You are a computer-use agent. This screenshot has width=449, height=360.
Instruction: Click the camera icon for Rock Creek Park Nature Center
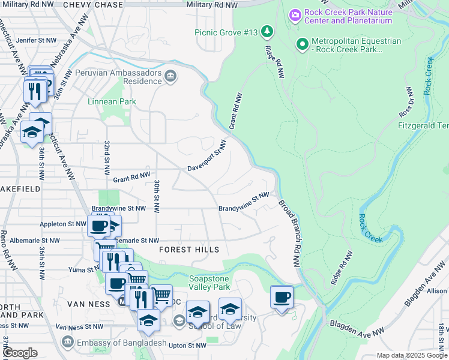[x=295, y=14]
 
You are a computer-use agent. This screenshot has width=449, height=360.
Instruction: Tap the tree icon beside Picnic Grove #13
[x=267, y=31]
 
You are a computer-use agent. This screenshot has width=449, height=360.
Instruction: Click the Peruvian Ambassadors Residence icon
[x=171, y=75]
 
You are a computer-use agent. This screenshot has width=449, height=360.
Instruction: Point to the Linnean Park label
[x=112, y=101]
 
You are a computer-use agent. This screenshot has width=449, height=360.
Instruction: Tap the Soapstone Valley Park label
[x=214, y=283]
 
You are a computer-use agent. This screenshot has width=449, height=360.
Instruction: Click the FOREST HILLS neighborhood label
[x=189, y=249]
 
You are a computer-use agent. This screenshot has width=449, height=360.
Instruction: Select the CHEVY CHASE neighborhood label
[x=93, y=4]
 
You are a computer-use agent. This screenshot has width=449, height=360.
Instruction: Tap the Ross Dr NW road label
[x=406, y=102]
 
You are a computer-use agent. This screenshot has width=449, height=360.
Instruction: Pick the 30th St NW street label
[x=156, y=196]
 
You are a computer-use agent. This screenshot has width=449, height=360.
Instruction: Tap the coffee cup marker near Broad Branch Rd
[x=281, y=297]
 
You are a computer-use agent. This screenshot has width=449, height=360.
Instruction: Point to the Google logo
[x=19, y=353]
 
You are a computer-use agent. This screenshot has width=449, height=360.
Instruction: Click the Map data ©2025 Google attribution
[x=411, y=355]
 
